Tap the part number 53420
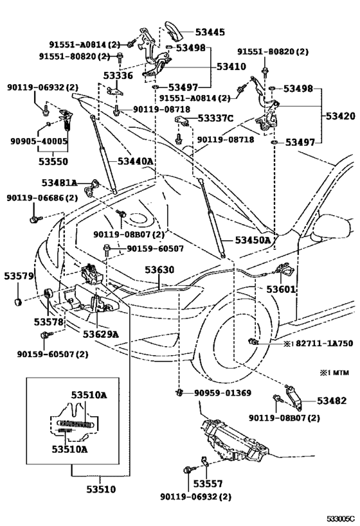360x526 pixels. click(x=340, y=116)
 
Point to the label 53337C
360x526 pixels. click(x=215, y=118)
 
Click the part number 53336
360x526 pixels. click(x=118, y=76)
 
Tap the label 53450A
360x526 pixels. click(x=253, y=240)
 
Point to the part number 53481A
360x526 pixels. click(x=59, y=183)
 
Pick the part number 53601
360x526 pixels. click(x=282, y=290)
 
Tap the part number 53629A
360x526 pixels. click(x=101, y=333)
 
